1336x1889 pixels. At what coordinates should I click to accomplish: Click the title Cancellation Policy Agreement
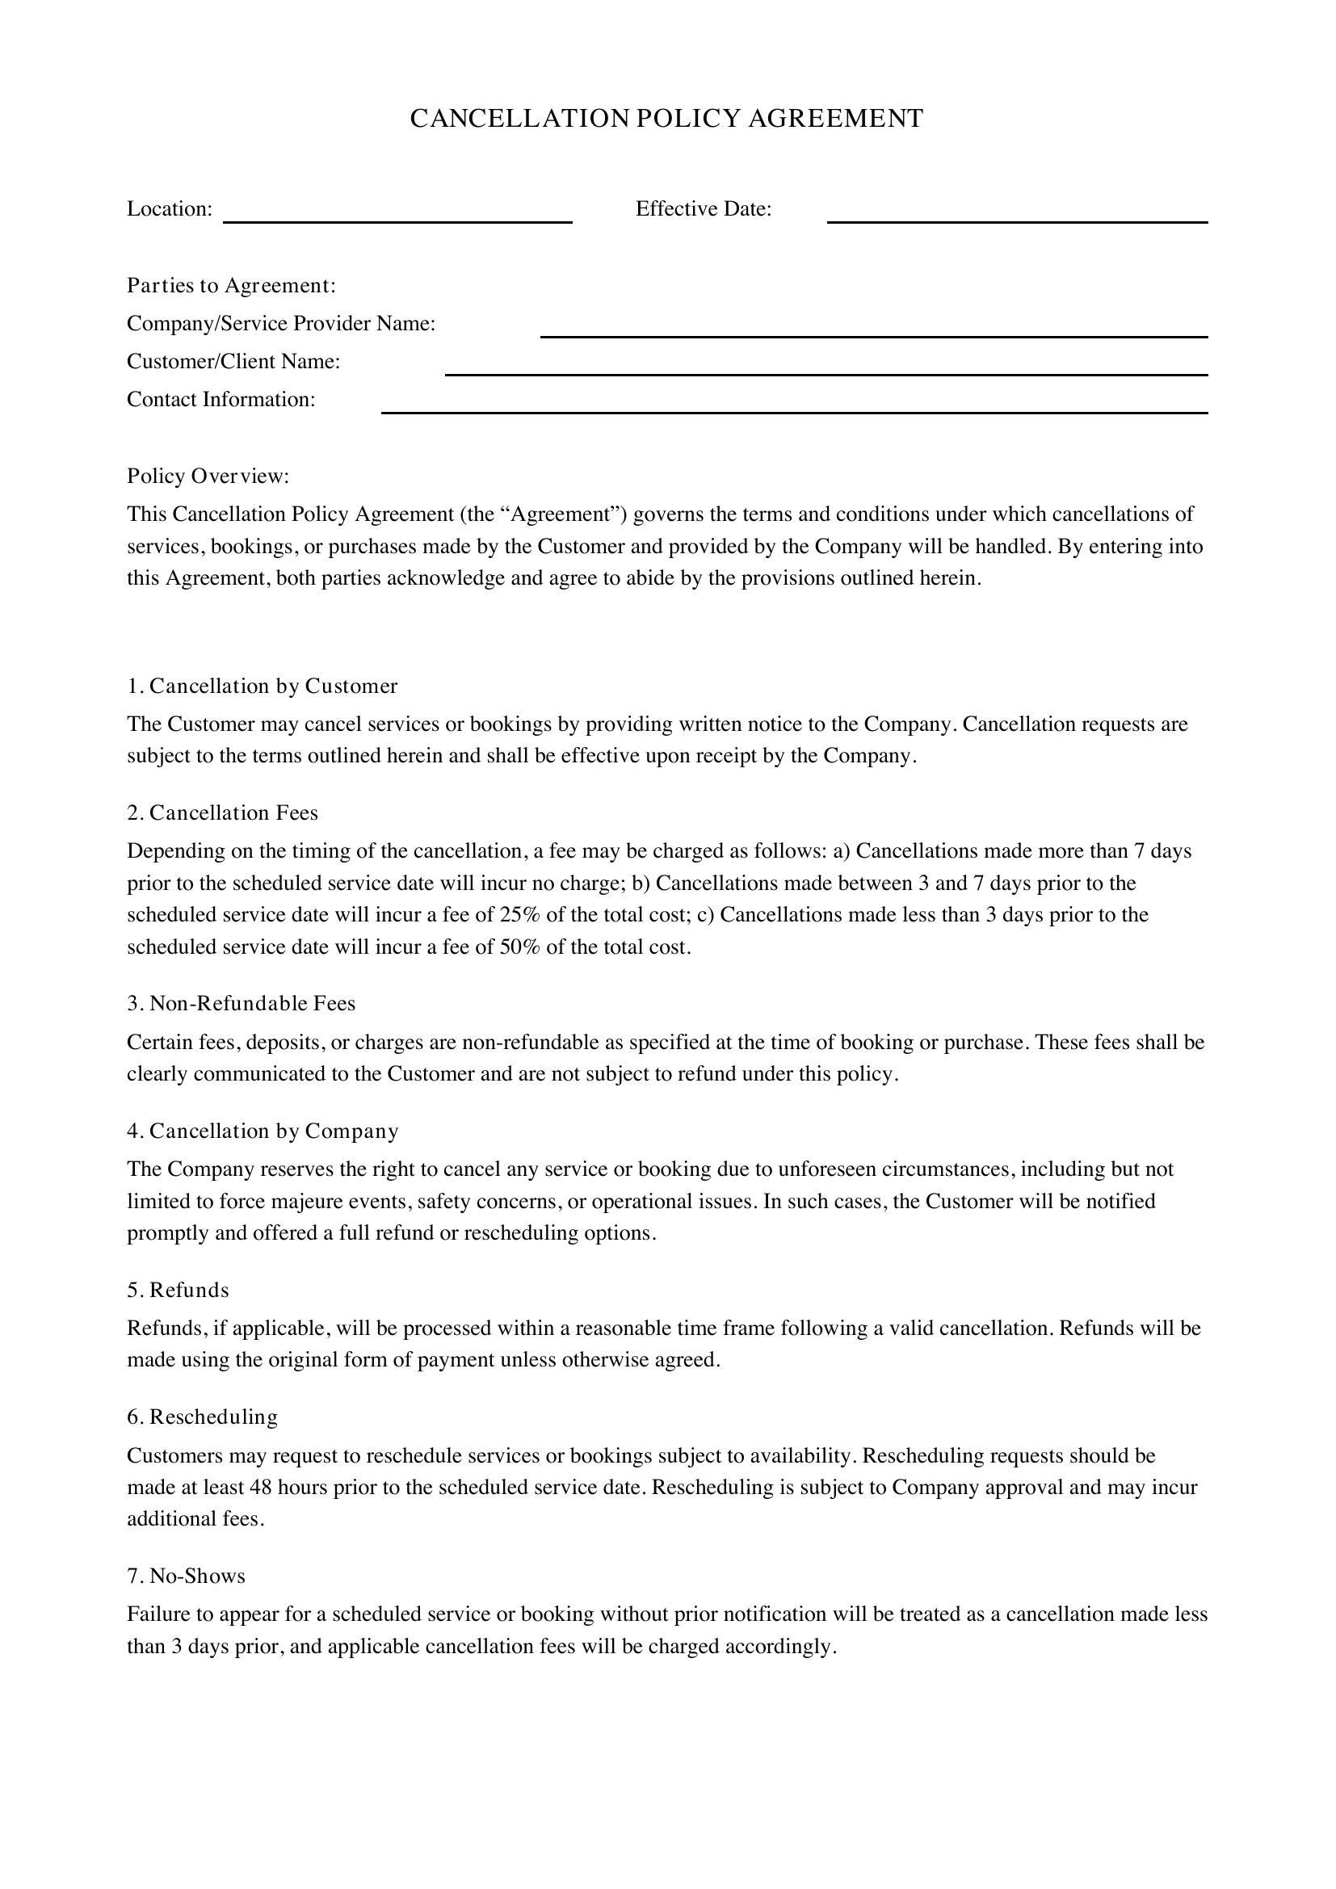tap(666, 119)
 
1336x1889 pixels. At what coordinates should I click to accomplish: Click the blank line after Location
tap(397, 220)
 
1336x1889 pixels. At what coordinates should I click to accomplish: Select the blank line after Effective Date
tap(1017, 220)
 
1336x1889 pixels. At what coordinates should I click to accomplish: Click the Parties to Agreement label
tap(231, 285)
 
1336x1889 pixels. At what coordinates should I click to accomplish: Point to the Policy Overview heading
tap(208, 476)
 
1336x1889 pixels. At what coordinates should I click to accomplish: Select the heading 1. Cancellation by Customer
tap(263, 686)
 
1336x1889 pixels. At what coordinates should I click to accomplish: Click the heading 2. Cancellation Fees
tap(222, 813)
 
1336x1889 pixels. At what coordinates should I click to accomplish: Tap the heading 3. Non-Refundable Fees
tap(241, 1004)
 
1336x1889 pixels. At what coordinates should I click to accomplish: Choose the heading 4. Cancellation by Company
tap(263, 1131)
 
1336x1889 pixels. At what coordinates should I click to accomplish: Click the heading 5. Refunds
tap(178, 1290)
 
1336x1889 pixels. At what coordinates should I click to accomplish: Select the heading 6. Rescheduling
tap(203, 1417)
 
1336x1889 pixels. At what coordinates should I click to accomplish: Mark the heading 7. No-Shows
tap(186, 1576)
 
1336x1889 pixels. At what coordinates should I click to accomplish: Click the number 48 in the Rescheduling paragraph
tap(267, 1488)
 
